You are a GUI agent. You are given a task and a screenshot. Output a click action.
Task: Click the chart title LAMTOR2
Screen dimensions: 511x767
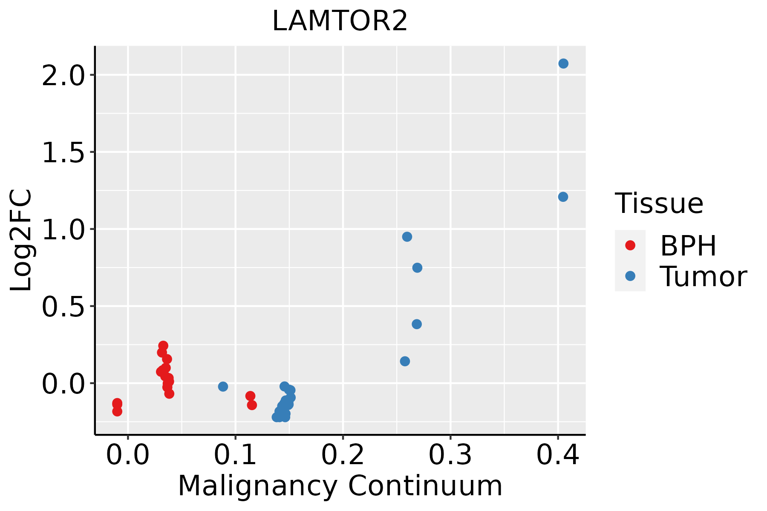pos(340,21)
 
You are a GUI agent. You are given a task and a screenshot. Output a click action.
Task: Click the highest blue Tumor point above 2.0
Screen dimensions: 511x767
pos(563,63)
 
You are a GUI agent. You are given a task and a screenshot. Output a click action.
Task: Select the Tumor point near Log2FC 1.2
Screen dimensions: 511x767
pos(563,197)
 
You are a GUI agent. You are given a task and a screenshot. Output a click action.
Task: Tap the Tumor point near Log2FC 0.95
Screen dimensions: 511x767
pos(407,237)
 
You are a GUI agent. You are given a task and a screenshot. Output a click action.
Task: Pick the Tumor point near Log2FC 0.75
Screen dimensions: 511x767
pos(417,268)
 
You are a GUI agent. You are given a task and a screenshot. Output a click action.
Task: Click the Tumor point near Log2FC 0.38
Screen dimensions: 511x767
pos(417,324)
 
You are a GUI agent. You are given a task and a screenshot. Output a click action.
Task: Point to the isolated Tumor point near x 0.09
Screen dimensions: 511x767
pos(223,387)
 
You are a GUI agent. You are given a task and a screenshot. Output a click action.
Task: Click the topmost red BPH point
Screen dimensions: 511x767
pos(163,345)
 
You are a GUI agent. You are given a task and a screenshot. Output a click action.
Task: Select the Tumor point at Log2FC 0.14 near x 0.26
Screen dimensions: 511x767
pos(405,362)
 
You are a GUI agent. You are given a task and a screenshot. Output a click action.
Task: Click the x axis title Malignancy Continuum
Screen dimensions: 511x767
pos(340,486)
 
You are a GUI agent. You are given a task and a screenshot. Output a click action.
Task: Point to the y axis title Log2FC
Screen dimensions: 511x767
pos(21,240)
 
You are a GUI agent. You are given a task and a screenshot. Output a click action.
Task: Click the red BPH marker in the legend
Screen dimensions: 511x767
pos(630,245)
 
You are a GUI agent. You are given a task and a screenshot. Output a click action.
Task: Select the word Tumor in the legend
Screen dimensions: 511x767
pos(703,277)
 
